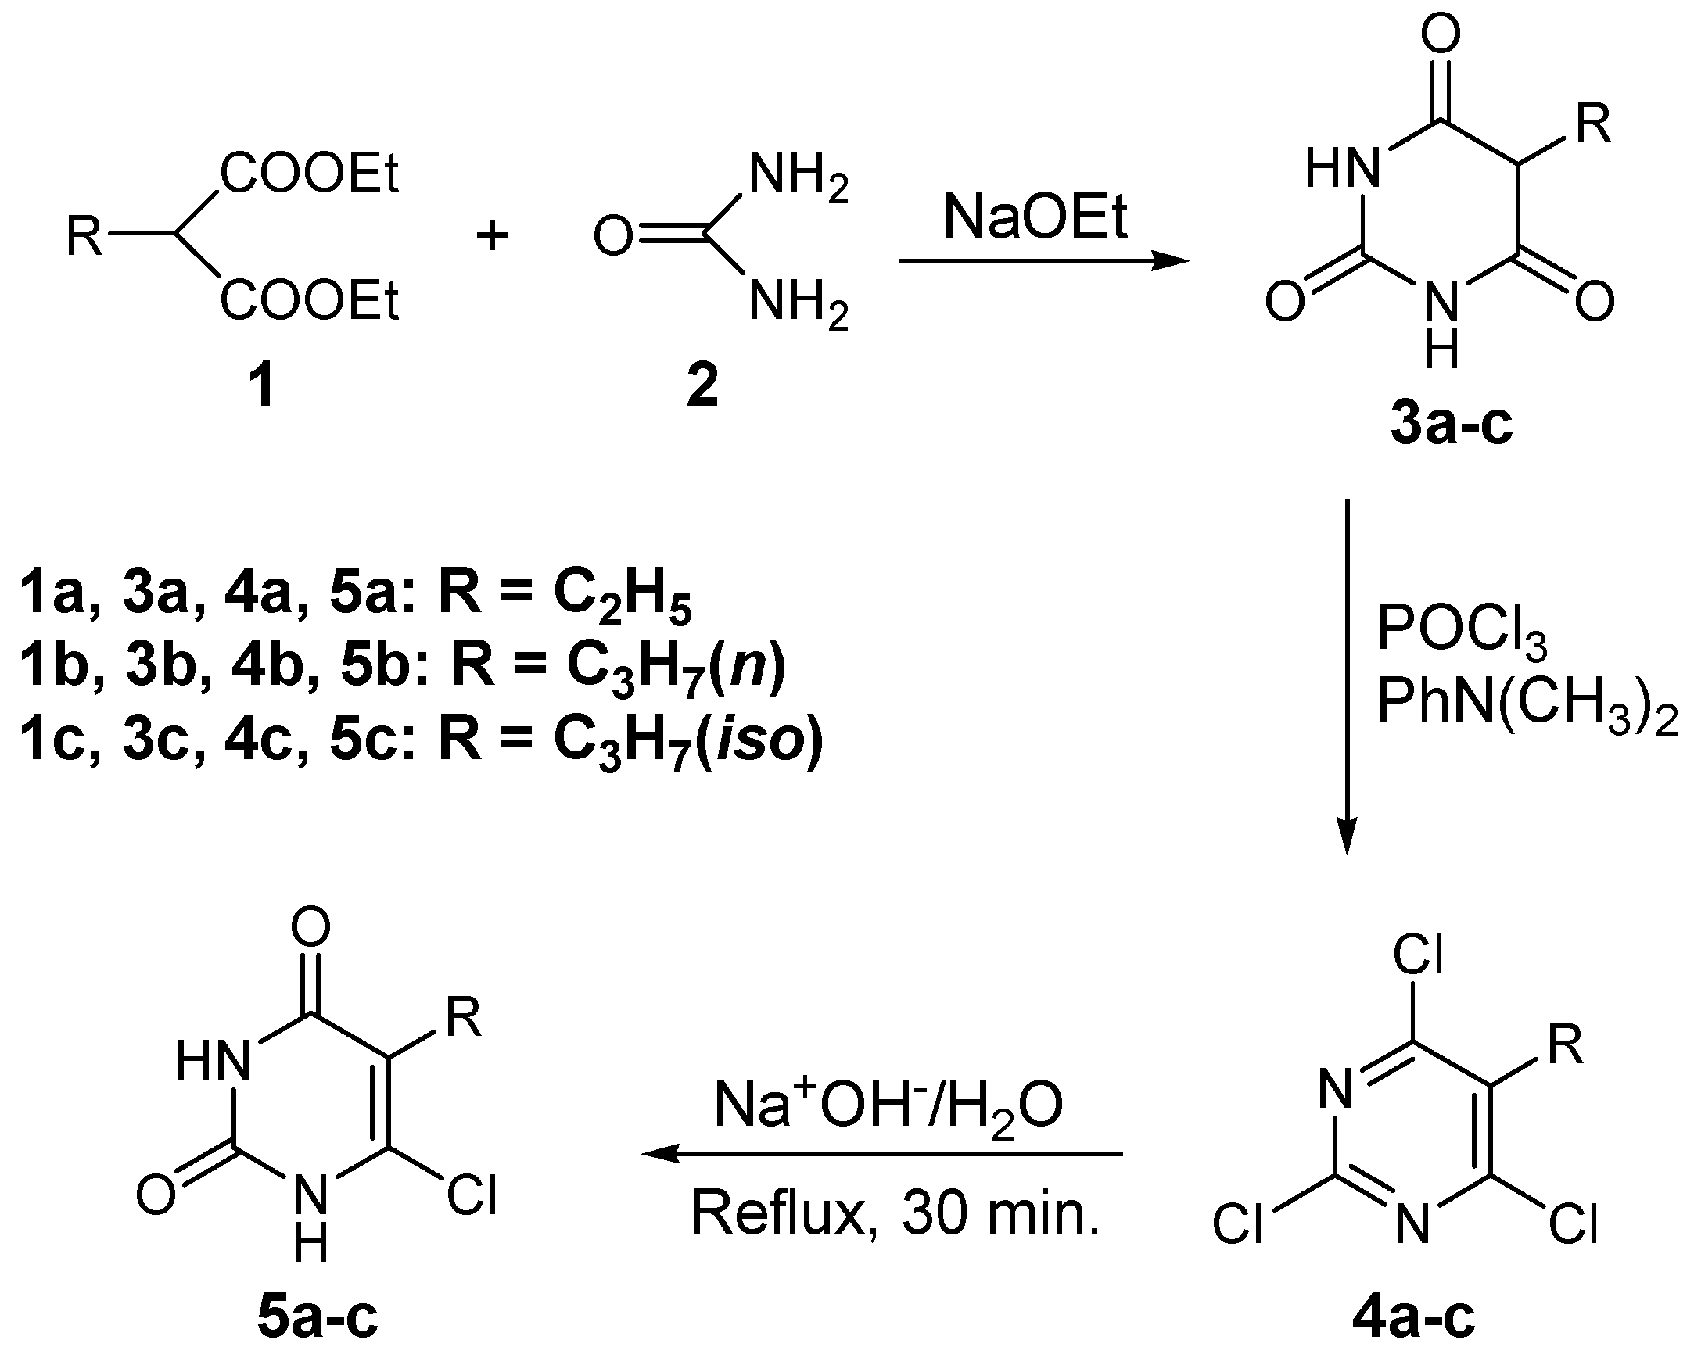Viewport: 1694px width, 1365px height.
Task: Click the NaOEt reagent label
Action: [x=1035, y=218]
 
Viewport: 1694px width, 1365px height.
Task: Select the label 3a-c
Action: [x=1451, y=425]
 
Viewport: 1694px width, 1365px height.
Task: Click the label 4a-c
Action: [x=1413, y=1319]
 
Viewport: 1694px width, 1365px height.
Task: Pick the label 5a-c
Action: [x=317, y=1319]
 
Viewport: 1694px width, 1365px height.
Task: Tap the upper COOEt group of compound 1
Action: [x=310, y=173]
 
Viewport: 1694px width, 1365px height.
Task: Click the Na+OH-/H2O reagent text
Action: [x=888, y=1105]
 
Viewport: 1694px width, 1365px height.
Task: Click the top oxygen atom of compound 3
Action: [x=1441, y=35]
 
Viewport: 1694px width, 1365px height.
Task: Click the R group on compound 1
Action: [x=84, y=236]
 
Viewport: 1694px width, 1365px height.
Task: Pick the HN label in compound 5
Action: [x=213, y=1060]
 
